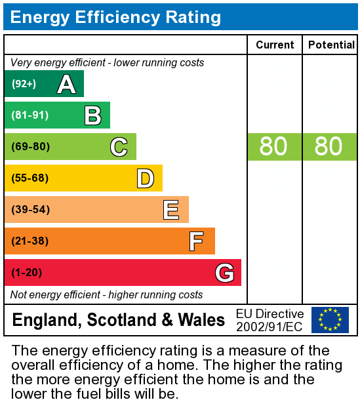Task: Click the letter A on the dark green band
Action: [x=66, y=84]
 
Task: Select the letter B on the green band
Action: [x=92, y=115]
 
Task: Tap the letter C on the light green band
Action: [x=119, y=147]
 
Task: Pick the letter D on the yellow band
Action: [x=145, y=178]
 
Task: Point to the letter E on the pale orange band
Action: [x=171, y=210]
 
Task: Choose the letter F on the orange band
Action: [x=196, y=241]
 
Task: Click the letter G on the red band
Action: [x=224, y=273]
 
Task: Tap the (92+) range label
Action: [x=24, y=84]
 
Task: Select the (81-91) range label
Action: [x=30, y=115]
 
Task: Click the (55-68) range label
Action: [x=30, y=178]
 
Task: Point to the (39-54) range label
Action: [x=30, y=210]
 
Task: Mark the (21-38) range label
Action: [x=30, y=241]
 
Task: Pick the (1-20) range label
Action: [x=27, y=273]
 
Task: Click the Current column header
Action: [x=275, y=45]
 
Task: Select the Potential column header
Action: [x=330, y=45]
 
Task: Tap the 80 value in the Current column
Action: [x=273, y=147]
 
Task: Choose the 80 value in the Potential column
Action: [x=329, y=147]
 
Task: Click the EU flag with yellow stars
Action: [x=330, y=320]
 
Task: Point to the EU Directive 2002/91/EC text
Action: [x=270, y=320]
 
